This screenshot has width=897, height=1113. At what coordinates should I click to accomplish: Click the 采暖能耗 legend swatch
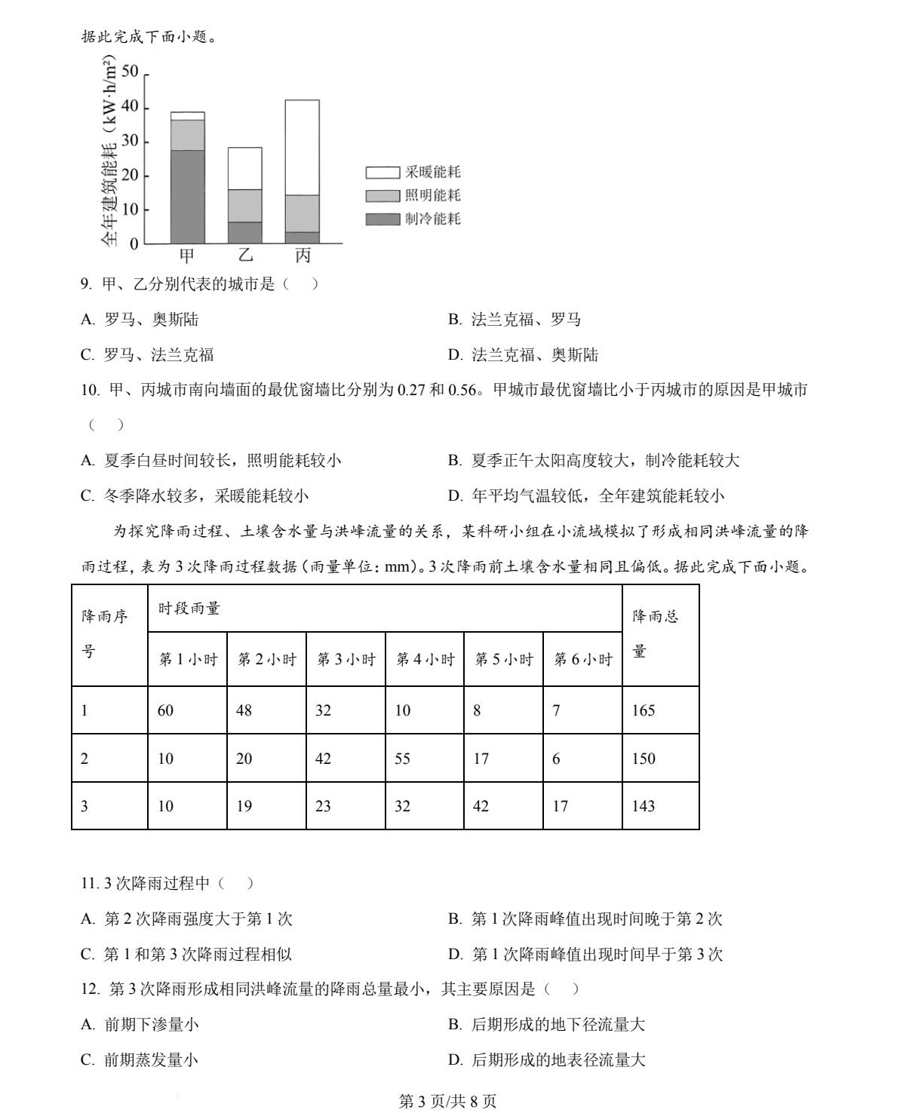pyautogui.click(x=383, y=172)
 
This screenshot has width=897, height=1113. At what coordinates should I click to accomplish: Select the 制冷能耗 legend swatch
pyautogui.click(x=383, y=219)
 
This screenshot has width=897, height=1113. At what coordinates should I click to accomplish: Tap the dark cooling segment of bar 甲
pyautogui.click(x=187, y=196)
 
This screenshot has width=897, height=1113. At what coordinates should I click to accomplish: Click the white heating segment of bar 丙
pyautogui.click(x=302, y=147)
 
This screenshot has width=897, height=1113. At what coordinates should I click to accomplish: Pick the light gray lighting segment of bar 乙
pyautogui.click(x=245, y=205)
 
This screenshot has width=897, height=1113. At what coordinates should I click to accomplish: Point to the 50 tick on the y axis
pyautogui.click(x=130, y=72)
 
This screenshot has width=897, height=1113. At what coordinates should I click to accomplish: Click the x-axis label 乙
pyautogui.click(x=246, y=256)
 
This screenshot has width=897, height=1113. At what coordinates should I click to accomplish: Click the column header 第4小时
pyautogui.click(x=425, y=659)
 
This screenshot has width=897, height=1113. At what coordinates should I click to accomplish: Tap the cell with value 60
pyautogui.click(x=166, y=710)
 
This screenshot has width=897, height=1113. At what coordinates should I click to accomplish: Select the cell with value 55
pyautogui.click(x=403, y=759)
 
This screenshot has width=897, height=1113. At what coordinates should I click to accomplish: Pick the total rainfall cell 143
pyautogui.click(x=644, y=806)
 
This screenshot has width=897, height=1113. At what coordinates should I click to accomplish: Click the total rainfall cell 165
pyautogui.click(x=644, y=710)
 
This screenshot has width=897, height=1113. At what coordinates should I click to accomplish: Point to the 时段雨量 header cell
pyautogui.click(x=189, y=609)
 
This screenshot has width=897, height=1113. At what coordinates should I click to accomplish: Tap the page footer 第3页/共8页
pyautogui.click(x=447, y=1101)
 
